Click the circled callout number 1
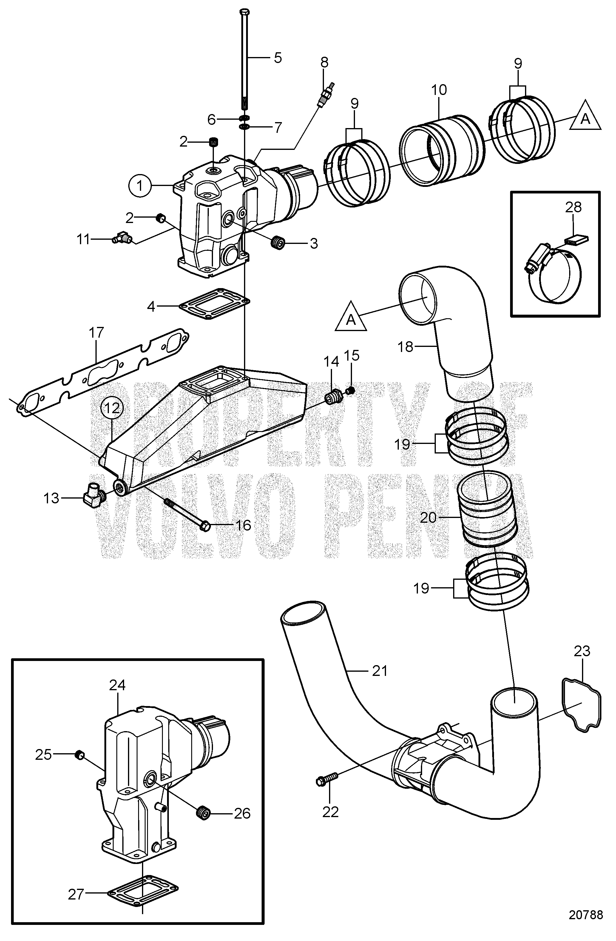click(140, 185)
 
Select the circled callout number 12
click(112, 408)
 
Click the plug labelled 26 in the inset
click(203, 813)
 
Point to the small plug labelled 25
click(79, 755)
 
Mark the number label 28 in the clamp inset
click(573, 207)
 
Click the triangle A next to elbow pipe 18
click(351, 318)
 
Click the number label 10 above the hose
click(439, 90)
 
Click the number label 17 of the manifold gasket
click(96, 333)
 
